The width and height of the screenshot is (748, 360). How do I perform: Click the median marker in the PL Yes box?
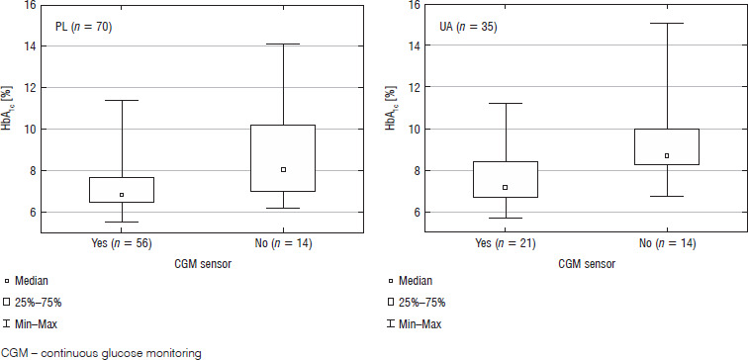pyautogui.click(x=122, y=195)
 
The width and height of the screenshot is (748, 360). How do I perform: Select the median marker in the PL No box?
pyautogui.click(x=283, y=169)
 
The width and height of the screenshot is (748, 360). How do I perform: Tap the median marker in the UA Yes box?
pyautogui.click(x=506, y=187)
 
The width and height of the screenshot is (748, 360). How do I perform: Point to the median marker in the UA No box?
pyautogui.click(x=667, y=155)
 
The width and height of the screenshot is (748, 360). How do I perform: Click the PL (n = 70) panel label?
pyautogui.click(x=83, y=28)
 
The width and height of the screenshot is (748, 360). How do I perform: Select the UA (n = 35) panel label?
pyautogui.click(x=468, y=27)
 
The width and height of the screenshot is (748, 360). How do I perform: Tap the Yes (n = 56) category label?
pyautogui.click(x=122, y=244)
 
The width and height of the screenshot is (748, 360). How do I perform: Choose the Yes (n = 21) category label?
pyautogui.click(x=506, y=244)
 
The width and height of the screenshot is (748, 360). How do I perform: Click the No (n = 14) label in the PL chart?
pyautogui.click(x=283, y=244)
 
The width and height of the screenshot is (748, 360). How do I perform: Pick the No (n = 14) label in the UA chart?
pyautogui.click(x=668, y=244)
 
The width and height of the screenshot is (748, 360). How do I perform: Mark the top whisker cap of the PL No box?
pyautogui.click(x=283, y=44)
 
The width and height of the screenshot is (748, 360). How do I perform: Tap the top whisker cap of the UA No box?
pyautogui.click(x=667, y=23)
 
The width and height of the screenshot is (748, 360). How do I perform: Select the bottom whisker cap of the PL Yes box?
pyautogui.click(x=122, y=223)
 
